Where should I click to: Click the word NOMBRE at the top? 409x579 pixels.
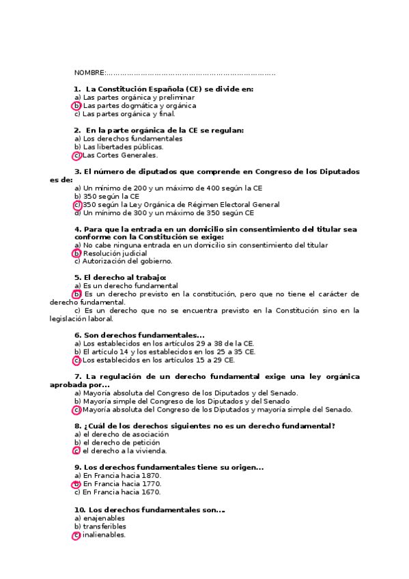tap(89, 72)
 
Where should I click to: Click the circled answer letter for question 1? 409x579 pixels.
tap(77, 106)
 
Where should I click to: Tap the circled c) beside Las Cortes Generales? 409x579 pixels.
tap(77, 155)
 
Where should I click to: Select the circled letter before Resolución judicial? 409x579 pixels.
tap(77, 253)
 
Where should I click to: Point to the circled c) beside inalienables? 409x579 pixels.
tap(77, 535)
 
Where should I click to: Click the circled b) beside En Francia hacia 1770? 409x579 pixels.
tap(77, 483)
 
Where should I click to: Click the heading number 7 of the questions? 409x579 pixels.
tap(77, 376)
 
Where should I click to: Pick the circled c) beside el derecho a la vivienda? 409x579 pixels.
tap(77, 451)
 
